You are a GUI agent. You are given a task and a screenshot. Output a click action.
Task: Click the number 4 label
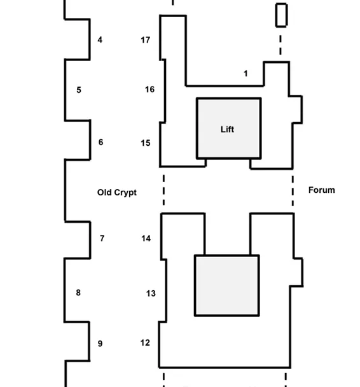(x=100, y=39)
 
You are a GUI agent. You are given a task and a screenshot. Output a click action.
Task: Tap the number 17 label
(x=145, y=40)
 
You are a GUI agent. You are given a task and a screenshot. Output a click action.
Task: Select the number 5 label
(x=79, y=90)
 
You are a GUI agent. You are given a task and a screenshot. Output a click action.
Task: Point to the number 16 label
(x=149, y=89)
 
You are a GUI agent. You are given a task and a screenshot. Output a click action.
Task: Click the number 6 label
(x=100, y=142)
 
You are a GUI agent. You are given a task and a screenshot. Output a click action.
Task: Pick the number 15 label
(x=146, y=143)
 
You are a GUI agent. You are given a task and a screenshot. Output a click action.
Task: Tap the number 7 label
(x=102, y=239)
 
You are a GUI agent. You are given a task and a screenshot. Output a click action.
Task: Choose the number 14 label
(x=146, y=239)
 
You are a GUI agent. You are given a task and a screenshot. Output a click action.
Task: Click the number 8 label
(x=78, y=293)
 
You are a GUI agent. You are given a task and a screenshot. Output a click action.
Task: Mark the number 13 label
(x=151, y=293)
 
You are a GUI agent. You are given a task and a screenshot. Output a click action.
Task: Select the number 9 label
(x=100, y=344)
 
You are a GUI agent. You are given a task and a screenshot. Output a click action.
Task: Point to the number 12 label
(x=145, y=343)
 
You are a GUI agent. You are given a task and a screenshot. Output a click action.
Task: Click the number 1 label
(x=246, y=74)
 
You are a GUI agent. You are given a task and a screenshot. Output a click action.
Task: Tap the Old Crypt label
(x=117, y=192)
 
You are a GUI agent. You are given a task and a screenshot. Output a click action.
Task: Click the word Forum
(x=322, y=190)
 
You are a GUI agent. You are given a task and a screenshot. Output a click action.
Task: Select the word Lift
(x=227, y=129)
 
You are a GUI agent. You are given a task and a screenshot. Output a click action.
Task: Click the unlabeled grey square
(x=227, y=286)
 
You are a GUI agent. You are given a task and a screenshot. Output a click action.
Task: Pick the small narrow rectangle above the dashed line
(x=281, y=15)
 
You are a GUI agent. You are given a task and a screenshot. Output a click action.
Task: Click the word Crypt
(x=125, y=193)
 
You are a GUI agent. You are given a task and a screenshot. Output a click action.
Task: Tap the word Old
(x=104, y=192)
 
